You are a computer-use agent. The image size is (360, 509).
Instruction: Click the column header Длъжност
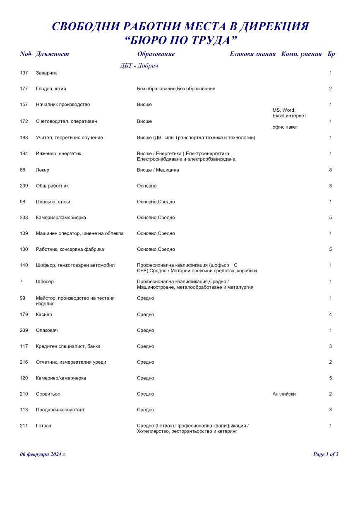pyautogui.click(x=52, y=54)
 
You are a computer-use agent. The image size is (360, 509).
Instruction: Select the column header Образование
pyautogui.click(x=156, y=54)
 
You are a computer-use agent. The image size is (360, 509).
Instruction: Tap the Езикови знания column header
pyautogui.click(x=252, y=54)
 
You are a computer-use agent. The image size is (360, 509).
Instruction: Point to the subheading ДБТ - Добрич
pyautogui.click(x=139, y=66)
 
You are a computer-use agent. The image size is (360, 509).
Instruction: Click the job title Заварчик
pyautogui.click(x=46, y=73)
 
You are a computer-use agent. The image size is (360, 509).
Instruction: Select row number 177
pyautogui.click(x=24, y=89)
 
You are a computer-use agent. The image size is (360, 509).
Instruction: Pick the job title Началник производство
pyautogui.click(x=63, y=105)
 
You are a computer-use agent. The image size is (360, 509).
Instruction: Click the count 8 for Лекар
pyautogui.click(x=331, y=170)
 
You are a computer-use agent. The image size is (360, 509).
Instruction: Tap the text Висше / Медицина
pyautogui.click(x=158, y=170)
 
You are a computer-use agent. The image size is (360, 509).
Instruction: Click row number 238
pyautogui.click(x=24, y=218)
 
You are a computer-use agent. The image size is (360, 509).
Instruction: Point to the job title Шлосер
pyautogui.click(x=45, y=282)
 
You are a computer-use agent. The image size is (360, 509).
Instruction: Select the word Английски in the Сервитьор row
pyautogui.click(x=284, y=394)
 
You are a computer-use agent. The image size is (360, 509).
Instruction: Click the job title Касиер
pyautogui.click(x=44, y=315)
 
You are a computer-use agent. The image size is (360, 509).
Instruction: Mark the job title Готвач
pyautogui.click(x=43, y=426)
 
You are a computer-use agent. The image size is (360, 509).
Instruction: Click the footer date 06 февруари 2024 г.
pyautogui.click(x=43, y=454)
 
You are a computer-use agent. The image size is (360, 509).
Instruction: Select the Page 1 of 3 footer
pyautogui.click(x=326, y=454)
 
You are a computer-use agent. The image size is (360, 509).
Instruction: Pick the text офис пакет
pyautogui.click(x=285, y=127)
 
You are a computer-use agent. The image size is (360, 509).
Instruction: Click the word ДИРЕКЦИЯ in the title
pyautogui.click(x=275, y=26)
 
